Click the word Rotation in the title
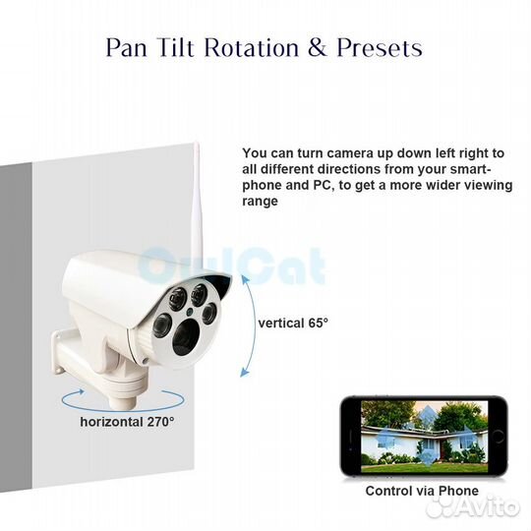239,47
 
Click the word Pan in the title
128,47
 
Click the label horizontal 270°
128,421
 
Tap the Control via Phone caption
422,491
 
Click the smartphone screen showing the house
422,437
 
